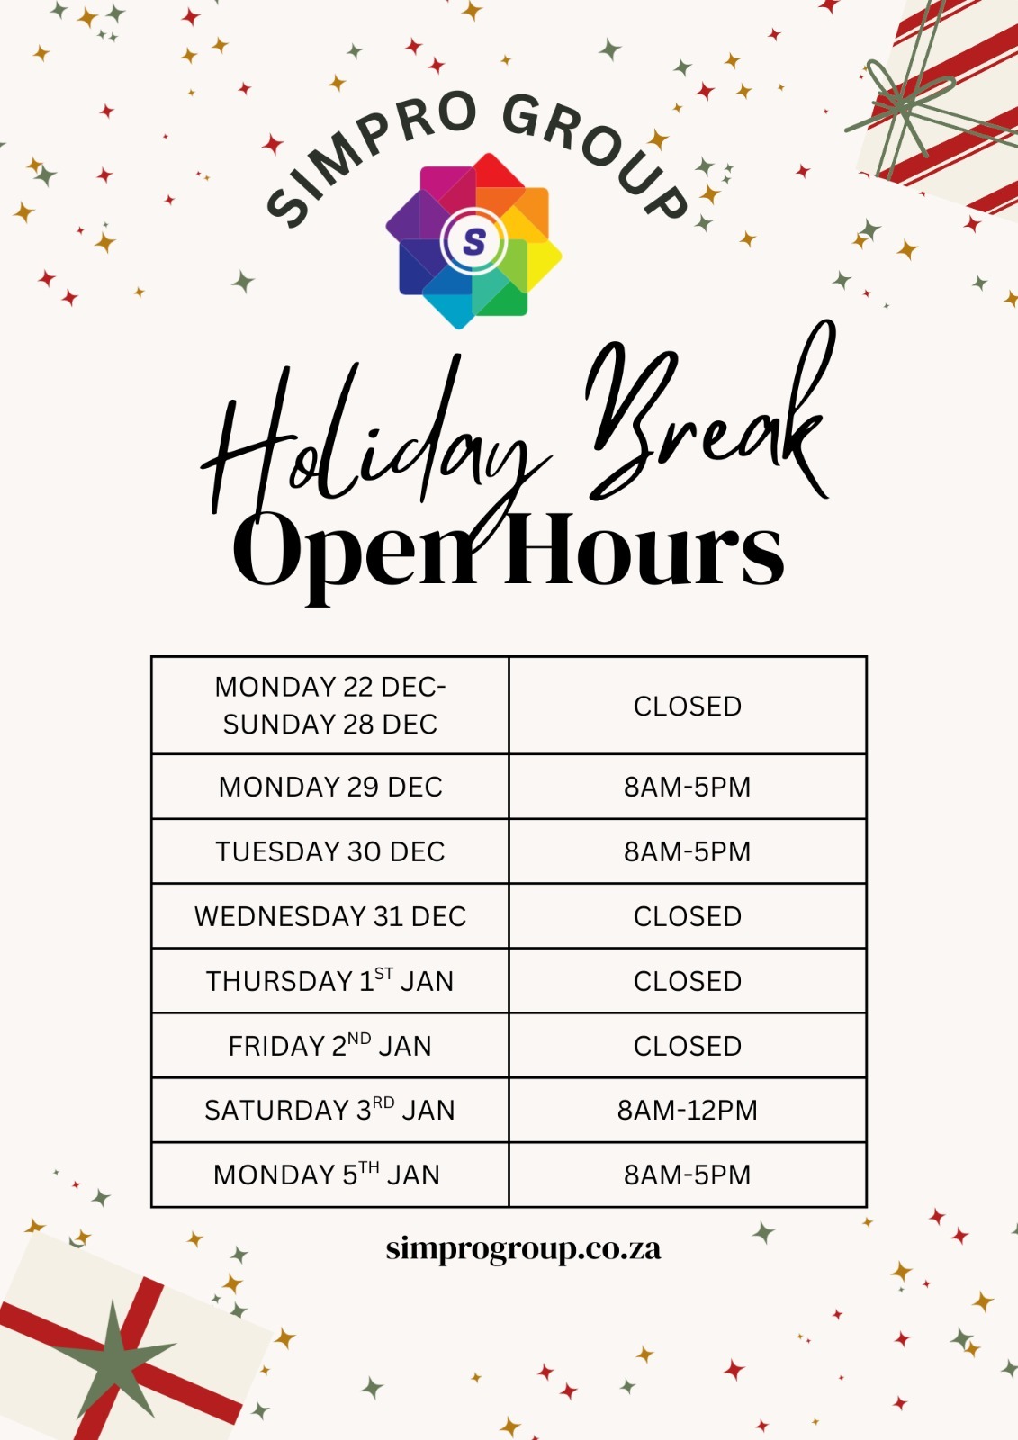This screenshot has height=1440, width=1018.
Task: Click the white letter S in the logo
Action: click(474, 242)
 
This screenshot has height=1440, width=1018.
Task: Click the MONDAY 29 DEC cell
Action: click(330, 787)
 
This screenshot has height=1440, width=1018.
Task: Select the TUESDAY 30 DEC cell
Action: click(330, 851)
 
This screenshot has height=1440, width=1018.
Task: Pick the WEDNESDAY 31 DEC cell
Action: click(330, 916)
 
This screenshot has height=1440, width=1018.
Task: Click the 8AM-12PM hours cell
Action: click(688, 1111)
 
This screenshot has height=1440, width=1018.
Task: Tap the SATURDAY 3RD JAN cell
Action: click(330, 1111)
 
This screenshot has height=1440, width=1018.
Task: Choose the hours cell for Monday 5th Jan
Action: click(688, 1175)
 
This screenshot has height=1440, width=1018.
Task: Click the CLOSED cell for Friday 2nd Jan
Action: click(688, 1045)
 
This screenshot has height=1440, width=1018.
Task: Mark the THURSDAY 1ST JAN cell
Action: click(330, 980)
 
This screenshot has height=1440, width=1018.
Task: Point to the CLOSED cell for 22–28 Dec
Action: click(688, 706)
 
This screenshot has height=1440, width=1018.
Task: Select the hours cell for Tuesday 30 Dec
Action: click(688, 851)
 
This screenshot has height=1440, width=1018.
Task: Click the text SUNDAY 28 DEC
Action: click(330, 724)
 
